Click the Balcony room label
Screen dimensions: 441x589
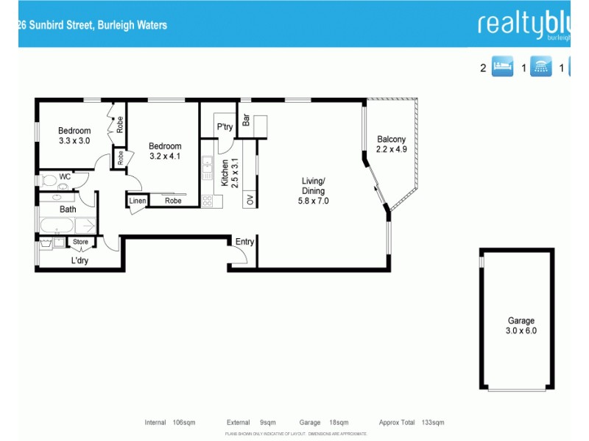[391, 144]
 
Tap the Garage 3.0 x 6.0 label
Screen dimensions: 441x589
[521, 326]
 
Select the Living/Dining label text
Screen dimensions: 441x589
[313, 190]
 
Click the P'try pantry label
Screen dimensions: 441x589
[225, 127]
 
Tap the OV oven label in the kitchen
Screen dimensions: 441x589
[250, 199]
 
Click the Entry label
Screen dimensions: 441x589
[244, 242]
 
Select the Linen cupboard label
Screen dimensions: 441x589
[138, 201]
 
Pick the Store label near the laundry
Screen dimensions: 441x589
[80, 242]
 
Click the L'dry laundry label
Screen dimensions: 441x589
[80, 260]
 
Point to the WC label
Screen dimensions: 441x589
[65, 176]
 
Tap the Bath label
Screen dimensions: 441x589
[68, 209]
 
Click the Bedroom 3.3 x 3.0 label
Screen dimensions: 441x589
[74, 136]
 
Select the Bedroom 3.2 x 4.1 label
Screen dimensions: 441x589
[164, 151]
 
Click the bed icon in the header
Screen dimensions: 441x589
[501, 68]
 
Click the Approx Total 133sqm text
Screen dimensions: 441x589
[412, 423]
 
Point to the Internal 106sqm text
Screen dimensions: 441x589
[167, 423]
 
